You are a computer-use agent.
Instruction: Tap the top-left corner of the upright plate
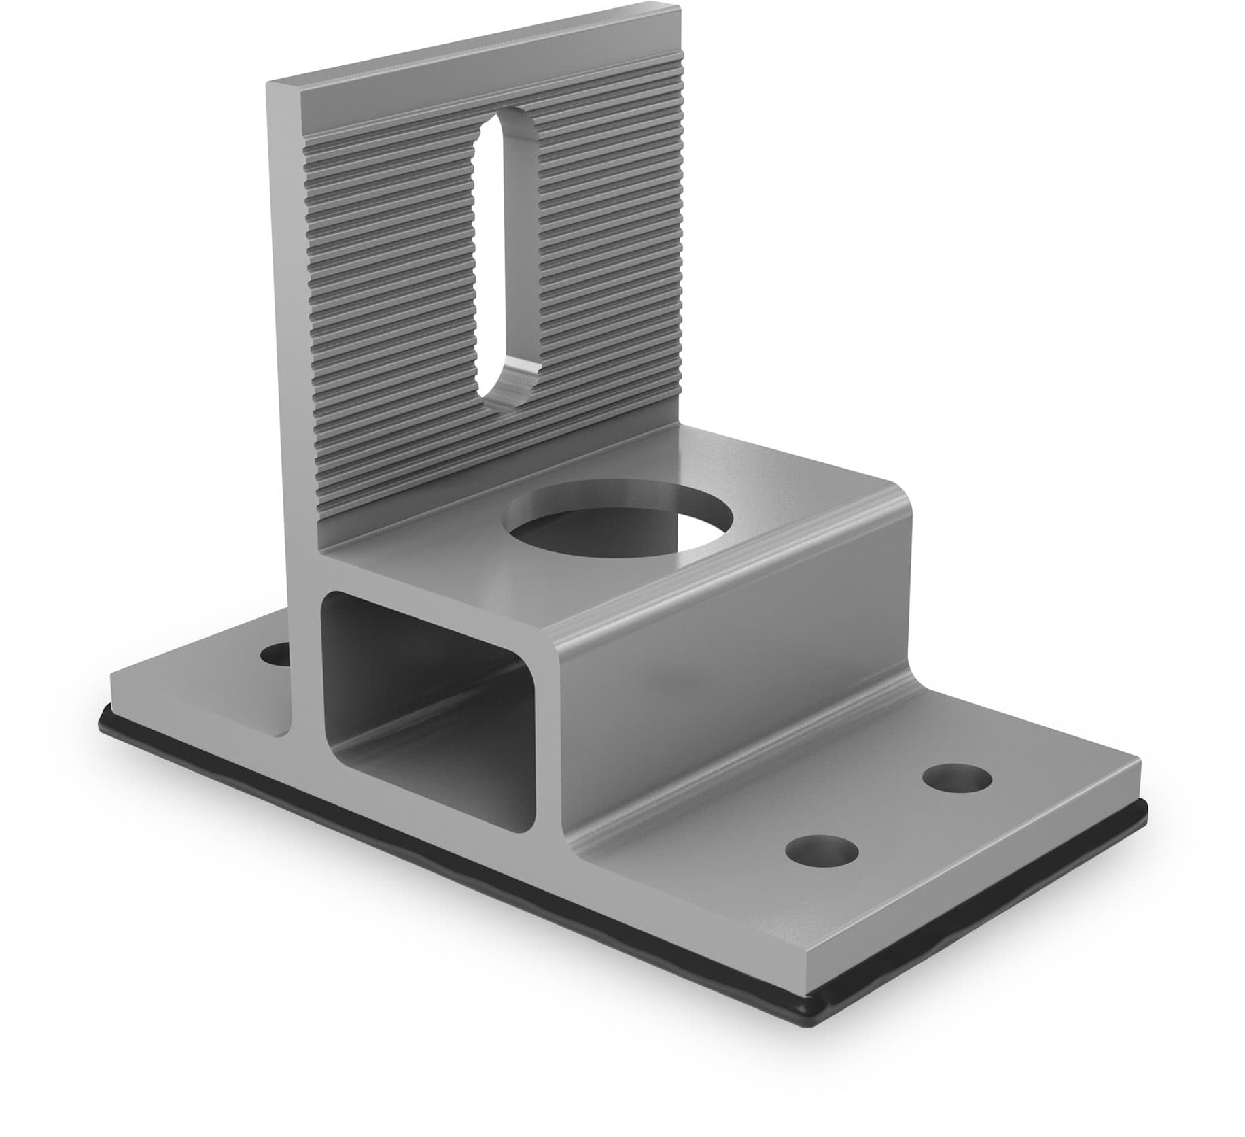click(268, 84)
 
